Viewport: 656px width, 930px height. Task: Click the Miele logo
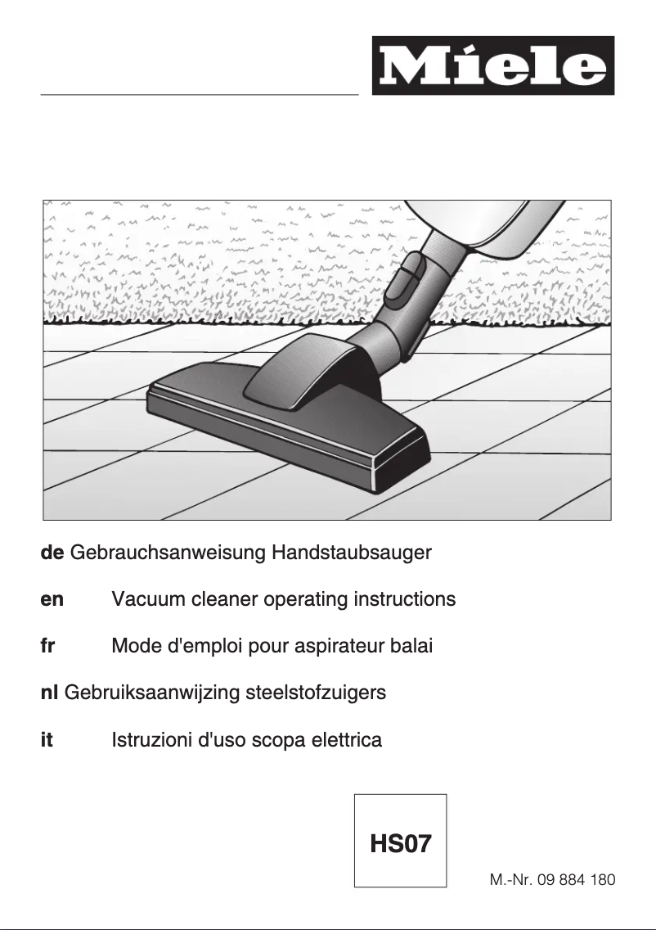(493, 65)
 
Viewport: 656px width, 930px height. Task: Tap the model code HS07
(400, 843)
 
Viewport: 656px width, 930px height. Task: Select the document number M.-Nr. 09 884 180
(552, 881)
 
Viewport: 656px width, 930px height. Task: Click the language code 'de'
(52, 553)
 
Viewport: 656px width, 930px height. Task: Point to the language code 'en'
(52, 599)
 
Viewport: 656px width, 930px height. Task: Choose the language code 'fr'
(47, 646)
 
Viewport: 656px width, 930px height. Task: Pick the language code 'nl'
(48, 693)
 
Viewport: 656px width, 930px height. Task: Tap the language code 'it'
(47, 741)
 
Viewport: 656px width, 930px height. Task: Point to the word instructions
(404, 599)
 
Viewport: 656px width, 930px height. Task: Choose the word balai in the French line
(411, 646)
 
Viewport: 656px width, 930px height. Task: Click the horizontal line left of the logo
(200, 95)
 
